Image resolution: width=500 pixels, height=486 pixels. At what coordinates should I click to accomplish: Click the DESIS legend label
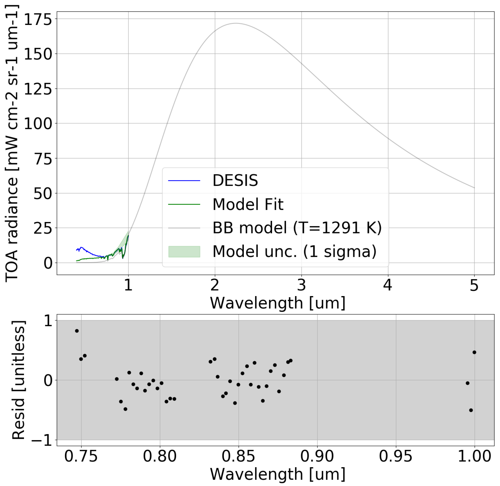(235, 180)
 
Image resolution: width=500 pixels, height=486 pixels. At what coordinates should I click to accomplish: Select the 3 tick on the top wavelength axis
(301, 285)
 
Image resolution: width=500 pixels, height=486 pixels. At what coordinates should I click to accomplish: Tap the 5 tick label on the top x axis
(474, 285)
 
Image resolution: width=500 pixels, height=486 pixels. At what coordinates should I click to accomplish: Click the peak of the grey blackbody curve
(236, 23)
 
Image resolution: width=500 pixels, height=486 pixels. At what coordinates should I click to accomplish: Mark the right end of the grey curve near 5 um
(474, 188)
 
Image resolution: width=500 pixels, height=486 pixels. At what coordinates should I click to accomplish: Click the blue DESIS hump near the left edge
(81, 248)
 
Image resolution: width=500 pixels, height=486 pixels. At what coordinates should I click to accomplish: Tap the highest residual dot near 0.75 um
(77, 331)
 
